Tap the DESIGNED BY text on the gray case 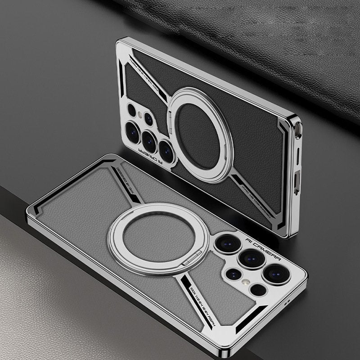(129, 178)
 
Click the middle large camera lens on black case (149, 140)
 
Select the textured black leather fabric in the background (252, 27)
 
